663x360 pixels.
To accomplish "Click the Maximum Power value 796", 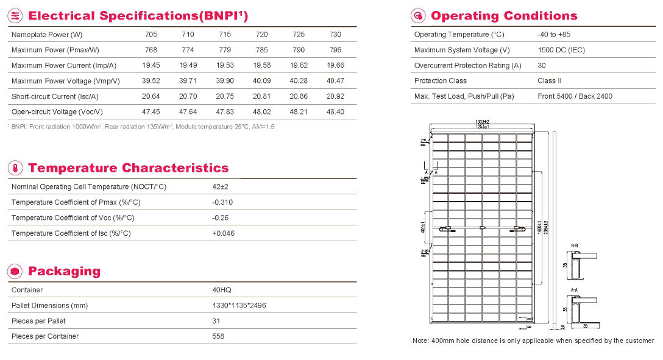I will click(335, 50).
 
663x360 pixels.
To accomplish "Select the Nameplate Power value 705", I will click(149, 35).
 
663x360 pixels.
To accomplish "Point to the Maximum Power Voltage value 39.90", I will click(225, 81).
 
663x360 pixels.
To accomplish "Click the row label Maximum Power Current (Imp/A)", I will click(64, 66).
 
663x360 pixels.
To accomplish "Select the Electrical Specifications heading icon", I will click(16, 16).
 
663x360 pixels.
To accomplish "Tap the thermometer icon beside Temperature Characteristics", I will click(16, 168).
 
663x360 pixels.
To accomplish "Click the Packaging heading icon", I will click(16, 271).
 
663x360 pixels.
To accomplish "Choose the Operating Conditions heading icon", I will click(419, 16).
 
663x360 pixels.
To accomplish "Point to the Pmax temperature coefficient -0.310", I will click(222, 202).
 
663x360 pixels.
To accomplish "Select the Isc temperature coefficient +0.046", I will click(223, 233).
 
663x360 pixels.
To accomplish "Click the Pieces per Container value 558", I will click(218, 336).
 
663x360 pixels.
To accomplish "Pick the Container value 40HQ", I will click(222, 290).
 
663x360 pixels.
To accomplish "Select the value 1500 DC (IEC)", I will click(561, 50).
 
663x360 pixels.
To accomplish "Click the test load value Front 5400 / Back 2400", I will click(575, 96).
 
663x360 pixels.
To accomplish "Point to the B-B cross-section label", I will click(574, 245).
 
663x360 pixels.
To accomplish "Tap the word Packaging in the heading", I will click(64, 271).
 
